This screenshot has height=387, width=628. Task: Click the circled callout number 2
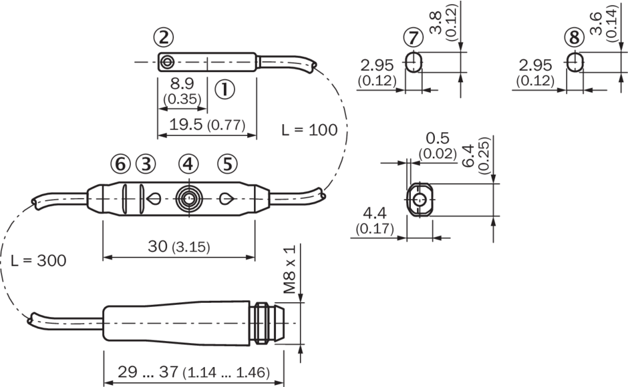[x=164, y=37]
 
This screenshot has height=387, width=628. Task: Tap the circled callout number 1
[x=224, y=89]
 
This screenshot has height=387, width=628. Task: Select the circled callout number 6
[x=120, y=164]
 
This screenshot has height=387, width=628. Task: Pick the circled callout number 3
[x=146, y=164]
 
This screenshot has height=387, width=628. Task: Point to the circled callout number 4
[x=188, y=164]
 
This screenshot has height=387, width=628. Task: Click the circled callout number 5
[x=228, y=164]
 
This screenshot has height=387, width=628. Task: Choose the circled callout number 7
[x=414, y=38]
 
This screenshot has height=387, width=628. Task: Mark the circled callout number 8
[x=575, y=38]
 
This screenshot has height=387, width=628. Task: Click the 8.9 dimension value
[x=182, y=83]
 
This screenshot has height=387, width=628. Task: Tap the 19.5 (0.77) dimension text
[x=207, y=125]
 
